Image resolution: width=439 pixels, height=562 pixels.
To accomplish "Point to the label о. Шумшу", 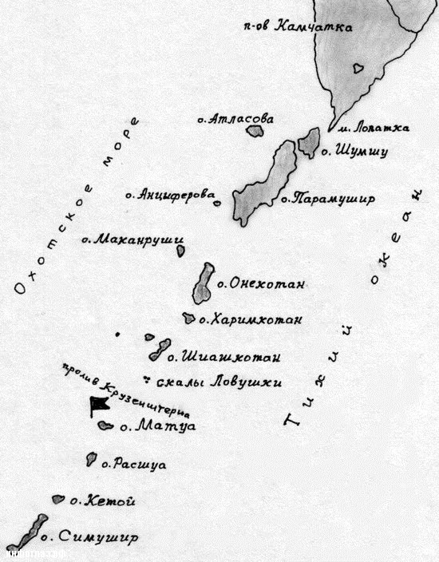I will pos(354,151).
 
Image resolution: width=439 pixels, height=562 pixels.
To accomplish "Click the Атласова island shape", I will pos(255,129).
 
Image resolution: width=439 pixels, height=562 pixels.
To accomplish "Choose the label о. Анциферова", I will pos(171,194).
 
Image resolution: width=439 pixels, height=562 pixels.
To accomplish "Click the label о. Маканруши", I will pos(133,239).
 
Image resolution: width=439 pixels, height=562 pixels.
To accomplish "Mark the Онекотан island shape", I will pos(204,283).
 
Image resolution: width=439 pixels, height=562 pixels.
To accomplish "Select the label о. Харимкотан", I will pos(251,320).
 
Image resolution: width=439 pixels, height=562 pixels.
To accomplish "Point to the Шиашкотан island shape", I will pos(159,349).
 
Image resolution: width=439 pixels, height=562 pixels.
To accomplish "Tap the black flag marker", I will pos(101,405).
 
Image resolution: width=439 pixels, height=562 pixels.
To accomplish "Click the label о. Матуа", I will pos(157,427).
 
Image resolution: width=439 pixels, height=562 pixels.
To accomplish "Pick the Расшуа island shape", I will pos(92,460).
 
